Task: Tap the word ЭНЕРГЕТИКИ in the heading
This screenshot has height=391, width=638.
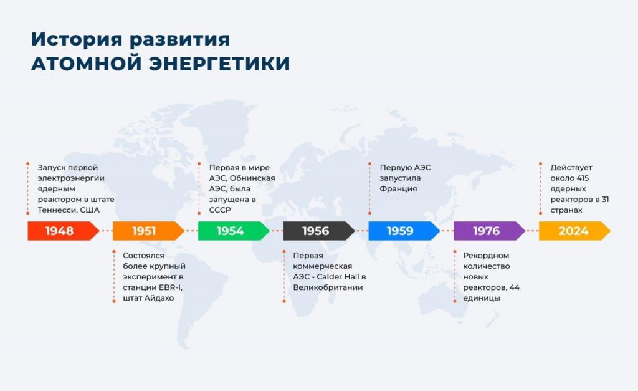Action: [219, 64]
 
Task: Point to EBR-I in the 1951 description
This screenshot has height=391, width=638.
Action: [171, 287]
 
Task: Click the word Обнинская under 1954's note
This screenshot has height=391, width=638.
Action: [252, 178]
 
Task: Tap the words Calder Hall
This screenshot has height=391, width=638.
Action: [337, 277]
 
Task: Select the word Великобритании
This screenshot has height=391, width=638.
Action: [328, 287]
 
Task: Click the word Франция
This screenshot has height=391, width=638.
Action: [398, 189]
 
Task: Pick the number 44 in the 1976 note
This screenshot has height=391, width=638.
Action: [514, 287]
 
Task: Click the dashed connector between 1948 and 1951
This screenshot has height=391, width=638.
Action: [106, 231]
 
